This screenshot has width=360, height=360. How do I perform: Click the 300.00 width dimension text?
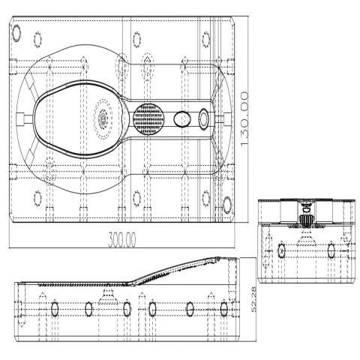[x=122, y=239]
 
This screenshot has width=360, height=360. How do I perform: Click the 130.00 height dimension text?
[x=244, y=121]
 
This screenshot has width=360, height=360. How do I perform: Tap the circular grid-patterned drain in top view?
[x=148, y=119]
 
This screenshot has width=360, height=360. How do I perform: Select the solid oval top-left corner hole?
[x=16, y=33]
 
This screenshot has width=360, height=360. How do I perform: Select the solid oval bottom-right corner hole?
[x=227, y=205]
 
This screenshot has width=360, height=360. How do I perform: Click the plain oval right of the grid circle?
[x=182, y=119]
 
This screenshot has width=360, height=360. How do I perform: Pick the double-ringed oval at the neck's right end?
[x=204, y=119]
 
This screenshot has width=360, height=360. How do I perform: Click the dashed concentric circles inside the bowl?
[x=103, y=118]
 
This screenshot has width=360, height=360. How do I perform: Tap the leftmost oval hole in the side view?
[x=55, y=309]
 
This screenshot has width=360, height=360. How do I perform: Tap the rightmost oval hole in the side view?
[x=223, y=309]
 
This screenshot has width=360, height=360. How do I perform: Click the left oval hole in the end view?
[x=281, y=250]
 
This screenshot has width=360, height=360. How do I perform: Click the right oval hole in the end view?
[x=331, y=250]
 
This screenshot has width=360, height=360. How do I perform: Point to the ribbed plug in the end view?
[x=307, y=220]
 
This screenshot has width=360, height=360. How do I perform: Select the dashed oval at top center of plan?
[x=136, y=39]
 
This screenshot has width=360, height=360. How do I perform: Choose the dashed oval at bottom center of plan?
[x=136, y=199]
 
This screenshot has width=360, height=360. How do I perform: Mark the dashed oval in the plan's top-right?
[x=206, y=39]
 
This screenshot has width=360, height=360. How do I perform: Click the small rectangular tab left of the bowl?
[x=20, y=118]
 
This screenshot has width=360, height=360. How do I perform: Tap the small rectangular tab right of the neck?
[x=227, y=118]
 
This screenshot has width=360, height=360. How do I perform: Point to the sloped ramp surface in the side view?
[x=175, y=271]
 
